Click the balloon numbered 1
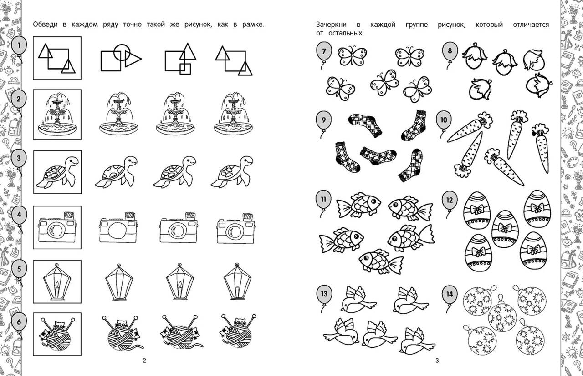click(19, 46)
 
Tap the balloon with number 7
click(324, 51)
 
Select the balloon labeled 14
click(450, 295)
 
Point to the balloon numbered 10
click(444, 120)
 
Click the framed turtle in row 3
click(57, 172)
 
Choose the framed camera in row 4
click(57, 227)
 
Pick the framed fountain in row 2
click(57, 114)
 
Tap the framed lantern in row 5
click(57, 282)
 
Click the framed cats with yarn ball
click(57, 334)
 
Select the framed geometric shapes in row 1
click(57, 58)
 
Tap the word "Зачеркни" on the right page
click(331, 25)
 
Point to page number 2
click(144, 361)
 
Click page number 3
click(437, 361)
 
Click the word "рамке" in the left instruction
click(253, 25)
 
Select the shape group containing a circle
click(121, 57)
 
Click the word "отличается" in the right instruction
click(531, 25)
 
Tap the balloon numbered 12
click(450, 201)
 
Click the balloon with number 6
click(19, 322)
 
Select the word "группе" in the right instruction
click(417, 25)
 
